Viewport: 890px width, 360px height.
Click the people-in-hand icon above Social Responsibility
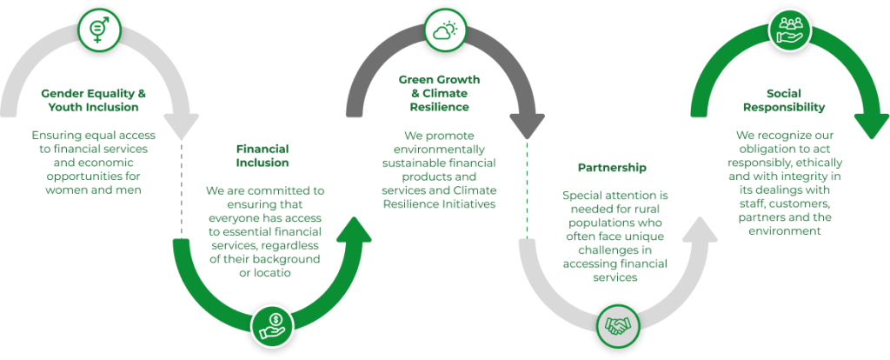tap(790, 28)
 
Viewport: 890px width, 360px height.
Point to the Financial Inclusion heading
tap(262, 155)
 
